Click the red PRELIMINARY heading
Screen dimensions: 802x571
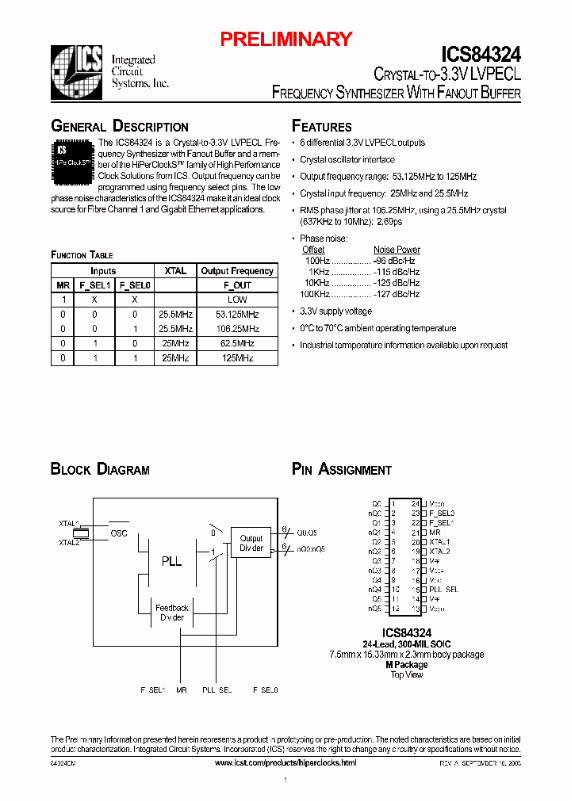tap(285, 39)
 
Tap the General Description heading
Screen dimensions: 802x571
tap(120, 127)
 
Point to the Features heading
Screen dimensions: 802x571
tap(322, 127)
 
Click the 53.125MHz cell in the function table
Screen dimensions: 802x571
tap(237, 314)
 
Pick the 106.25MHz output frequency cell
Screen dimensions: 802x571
tap(237, 328)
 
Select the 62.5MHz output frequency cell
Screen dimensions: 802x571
tap(237, 343)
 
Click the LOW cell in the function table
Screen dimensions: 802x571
tap(237, 300)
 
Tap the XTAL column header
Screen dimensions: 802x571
tap(175, 271)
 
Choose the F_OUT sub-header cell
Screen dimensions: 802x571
tap(237, 285)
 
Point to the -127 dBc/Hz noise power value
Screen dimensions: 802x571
tap(397, 294)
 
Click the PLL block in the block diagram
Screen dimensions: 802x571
tap(172, 561)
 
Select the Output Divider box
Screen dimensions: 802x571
tap(251, 544)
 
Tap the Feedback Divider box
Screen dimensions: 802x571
tap(172, 613)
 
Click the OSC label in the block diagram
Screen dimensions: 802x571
tap(119, 533)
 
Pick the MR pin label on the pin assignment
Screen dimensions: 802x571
tap(435, 533)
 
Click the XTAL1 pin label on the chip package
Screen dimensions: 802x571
tap(439, 542)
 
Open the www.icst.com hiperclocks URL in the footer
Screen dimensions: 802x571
tap(285, 762)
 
